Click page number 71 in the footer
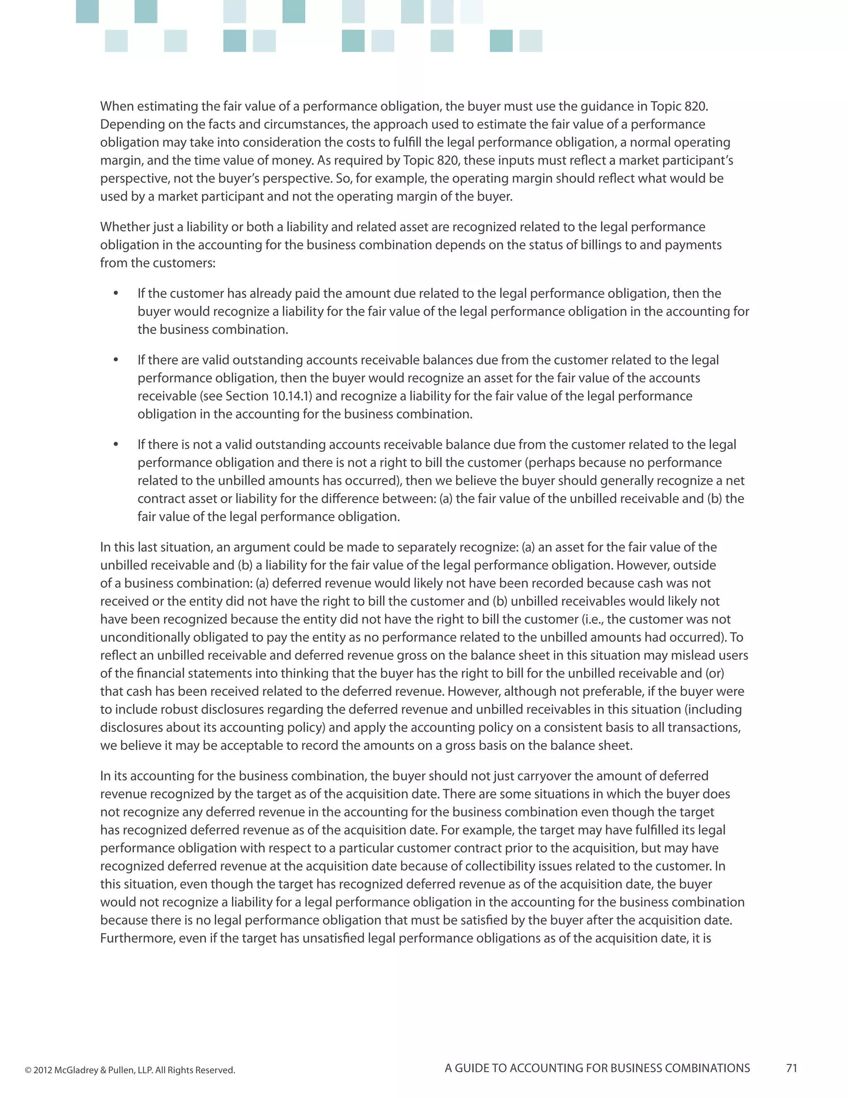point(791,1068)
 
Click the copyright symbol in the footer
point(28,1070)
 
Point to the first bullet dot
point(116,293)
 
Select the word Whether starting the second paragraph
point(124,227)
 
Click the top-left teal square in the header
point(87,11)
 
